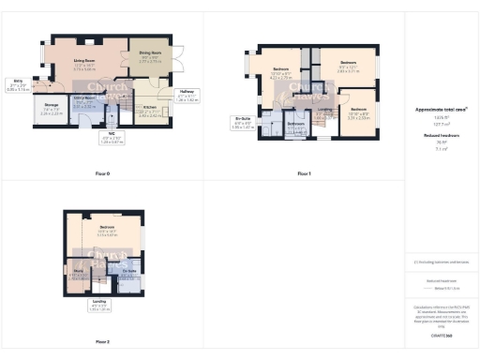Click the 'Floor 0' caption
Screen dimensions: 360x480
[x=101, y=173]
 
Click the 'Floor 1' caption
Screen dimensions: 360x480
[x=303, y=173]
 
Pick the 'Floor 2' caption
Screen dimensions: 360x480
[x=101, y=341]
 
